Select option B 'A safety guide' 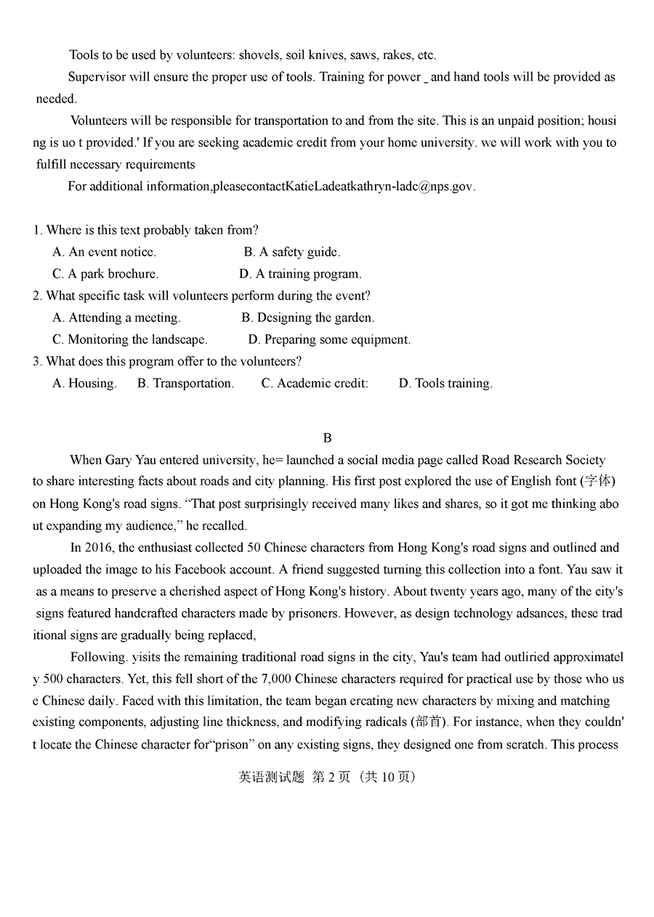point(292,252)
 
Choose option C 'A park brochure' point(105,274)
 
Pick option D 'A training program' point(300,274)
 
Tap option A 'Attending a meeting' point(116,318)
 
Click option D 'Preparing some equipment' point(329,339)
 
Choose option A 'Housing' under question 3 point(84,383)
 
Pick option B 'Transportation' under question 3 point(185,383)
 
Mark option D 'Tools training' point(445,383)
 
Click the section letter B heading point(327,438)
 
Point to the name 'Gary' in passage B point(118,460)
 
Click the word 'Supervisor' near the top point(97,77)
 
